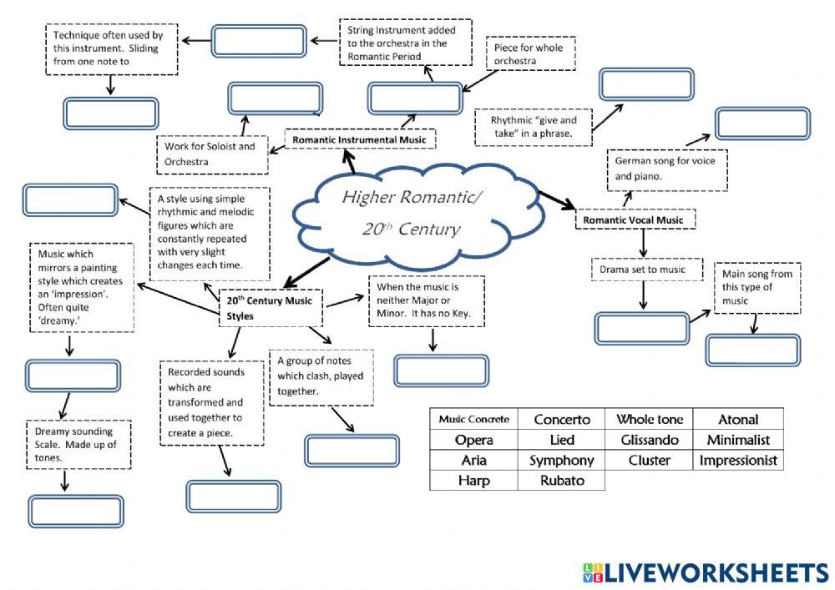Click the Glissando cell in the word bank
650,440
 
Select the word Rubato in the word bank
561,481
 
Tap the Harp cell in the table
473,481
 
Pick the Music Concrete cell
473,419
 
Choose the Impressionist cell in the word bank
738,460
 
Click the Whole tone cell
650,419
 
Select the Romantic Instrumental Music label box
358,139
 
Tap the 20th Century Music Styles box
271,307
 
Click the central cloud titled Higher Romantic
401,212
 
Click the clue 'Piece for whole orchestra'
532,54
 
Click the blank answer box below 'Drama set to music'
641,329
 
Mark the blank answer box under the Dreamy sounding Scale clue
75,512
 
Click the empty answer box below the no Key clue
441,371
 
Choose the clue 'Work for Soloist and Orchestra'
212,154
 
